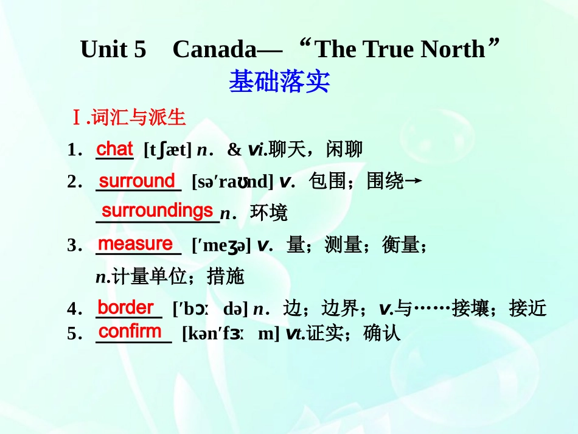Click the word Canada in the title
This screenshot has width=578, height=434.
(215, 49)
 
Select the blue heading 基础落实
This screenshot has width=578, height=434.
(279, 82)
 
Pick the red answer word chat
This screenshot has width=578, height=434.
(114, 148)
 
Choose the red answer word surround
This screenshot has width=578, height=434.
(137, 181)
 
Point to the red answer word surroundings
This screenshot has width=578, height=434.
(157, 211)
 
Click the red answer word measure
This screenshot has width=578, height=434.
(135, 243)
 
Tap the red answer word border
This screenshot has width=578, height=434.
(126, 307)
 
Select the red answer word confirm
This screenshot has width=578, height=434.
(130, 331)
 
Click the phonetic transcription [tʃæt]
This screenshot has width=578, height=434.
(167, 150)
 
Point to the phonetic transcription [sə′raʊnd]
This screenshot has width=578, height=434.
(232, 182)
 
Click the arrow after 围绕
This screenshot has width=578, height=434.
(414, 181)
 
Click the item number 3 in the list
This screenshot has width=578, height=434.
(72, 245)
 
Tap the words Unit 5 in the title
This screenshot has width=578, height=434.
(113, 49)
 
